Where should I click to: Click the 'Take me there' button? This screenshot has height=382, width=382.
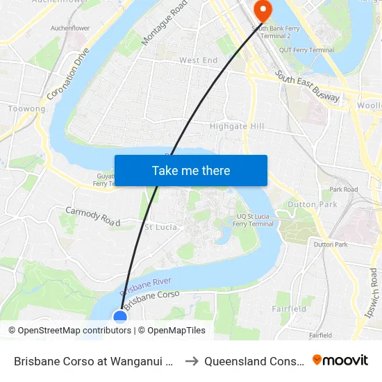click(x=191, y=171)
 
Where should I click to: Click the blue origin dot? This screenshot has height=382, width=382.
click(x=120, y=317)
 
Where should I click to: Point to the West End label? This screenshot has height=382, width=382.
click(x=198, y=60)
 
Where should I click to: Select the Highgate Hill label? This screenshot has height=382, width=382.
click(x=237, y=126)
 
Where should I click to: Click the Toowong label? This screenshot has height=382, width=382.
click(x=26, y=109)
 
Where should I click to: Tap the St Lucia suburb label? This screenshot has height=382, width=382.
click(x=160, y=227)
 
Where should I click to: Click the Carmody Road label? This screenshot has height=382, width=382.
click(x=92, y=216)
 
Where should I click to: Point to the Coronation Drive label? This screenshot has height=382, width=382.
click(x=69, y=73)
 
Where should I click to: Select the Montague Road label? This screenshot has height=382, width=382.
click(x=164, y=24)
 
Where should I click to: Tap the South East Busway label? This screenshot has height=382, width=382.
click(x=307, y=86)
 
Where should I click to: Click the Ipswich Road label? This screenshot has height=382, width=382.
click(x=374, y=292)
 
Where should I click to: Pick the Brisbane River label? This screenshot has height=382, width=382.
click(x=145, y=286)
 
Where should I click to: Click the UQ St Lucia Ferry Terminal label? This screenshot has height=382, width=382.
click(x=253, y=219)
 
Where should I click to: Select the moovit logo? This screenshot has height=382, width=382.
click(x=340, y=360)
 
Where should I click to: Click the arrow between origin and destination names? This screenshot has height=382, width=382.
click(x=192, y=360)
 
